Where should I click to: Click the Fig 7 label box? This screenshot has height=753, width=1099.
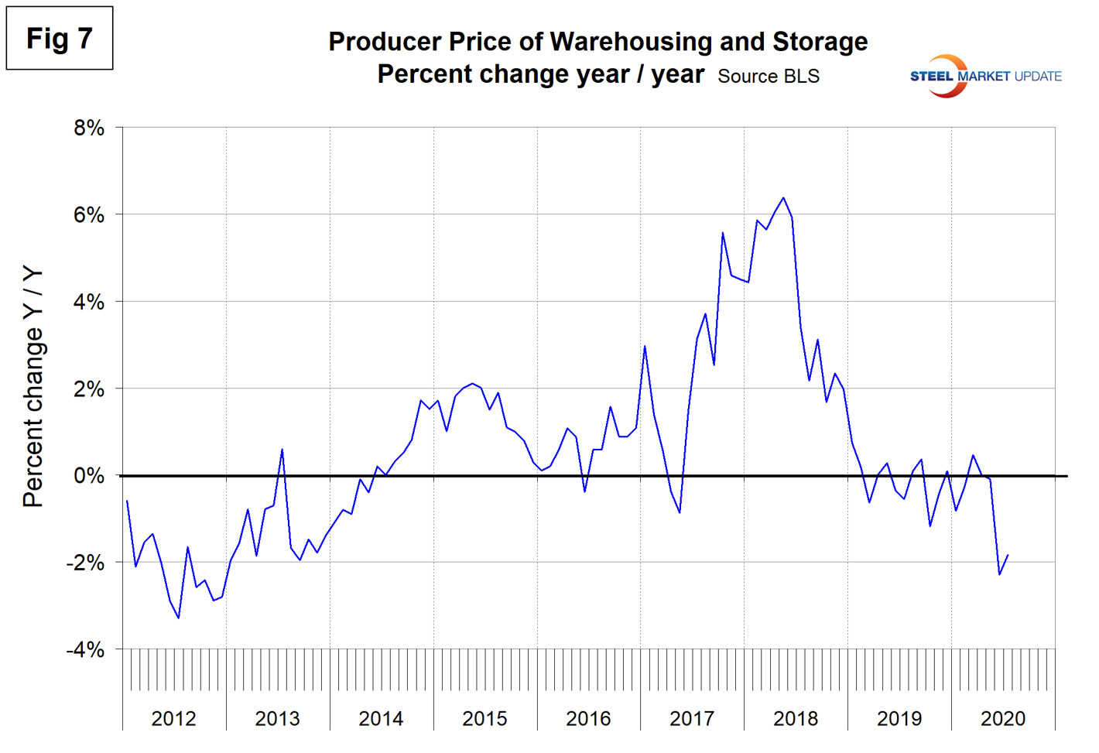pyautogui.click(x=60, y=39)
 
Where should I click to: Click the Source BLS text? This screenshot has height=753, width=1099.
pyautogui.click(x=768, y=77)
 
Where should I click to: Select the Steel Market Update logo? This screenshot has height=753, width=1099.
pyautogui.click(x=984, y=76)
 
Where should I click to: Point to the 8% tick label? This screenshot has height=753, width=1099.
pyautogui.click(x=89, y=128)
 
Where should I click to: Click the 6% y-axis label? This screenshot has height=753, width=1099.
pyautogui.click(x=89, y=215)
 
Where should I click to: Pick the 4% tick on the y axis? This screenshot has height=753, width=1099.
pyautogui.click(x=89, y=302)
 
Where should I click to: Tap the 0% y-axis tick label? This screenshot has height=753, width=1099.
pyautogui.click(x=89, y=476)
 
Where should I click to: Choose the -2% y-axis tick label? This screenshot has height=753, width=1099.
pyautogui.click(x=85, y=563)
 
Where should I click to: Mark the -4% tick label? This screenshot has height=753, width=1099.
pyautogui.click(x=85, y=650)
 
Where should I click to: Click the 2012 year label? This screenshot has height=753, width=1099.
pyautogui.click(x=173, y=719)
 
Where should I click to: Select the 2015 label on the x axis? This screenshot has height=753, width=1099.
pyautogui.click(x=484, y=719)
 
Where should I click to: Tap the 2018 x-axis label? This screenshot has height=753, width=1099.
pyautogui.click(x=796, y=719)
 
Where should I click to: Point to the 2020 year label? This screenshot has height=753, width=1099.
pyautogui.click(x=1003, y=719)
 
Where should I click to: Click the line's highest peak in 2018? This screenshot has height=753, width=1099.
pyautogui.click(x=783, y=198)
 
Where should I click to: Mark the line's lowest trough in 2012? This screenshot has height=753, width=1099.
pyautogui.click(x=179, y=618)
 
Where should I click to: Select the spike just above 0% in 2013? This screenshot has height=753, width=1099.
pyautogui.click(x=282, y=450)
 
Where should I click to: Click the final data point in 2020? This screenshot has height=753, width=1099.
pyautogui.click(x=1008, y=555)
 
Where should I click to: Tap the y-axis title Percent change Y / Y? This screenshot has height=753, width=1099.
pyautogui.click(x=33, y=387)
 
